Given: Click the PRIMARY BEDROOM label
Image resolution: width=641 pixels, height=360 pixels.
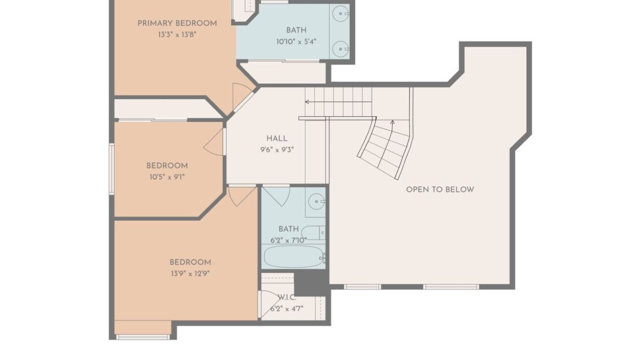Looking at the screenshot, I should click(x=177, y=23).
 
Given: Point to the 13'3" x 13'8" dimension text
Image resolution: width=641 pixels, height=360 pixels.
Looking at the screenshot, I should click(x=177, y=34).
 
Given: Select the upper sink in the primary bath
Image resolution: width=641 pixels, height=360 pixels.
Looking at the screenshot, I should click(x=342, y=12).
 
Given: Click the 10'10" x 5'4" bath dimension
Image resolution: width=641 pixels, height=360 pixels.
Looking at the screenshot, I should click(x=296, y=41).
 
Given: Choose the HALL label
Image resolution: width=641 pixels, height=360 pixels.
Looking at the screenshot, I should click(x=277, y=139).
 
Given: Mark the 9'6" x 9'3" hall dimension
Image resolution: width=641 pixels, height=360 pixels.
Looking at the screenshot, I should click(x=277, y=149).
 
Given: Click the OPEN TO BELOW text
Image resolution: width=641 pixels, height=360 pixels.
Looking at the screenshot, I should click(x=439, y=190).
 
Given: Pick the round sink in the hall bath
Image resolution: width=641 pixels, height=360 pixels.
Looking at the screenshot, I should click(x=315, y=202).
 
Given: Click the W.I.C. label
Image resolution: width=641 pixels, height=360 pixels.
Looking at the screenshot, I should click(x=287, y=298).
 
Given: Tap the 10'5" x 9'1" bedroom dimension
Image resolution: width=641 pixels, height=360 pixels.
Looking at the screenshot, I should click(x=166, y=176).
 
